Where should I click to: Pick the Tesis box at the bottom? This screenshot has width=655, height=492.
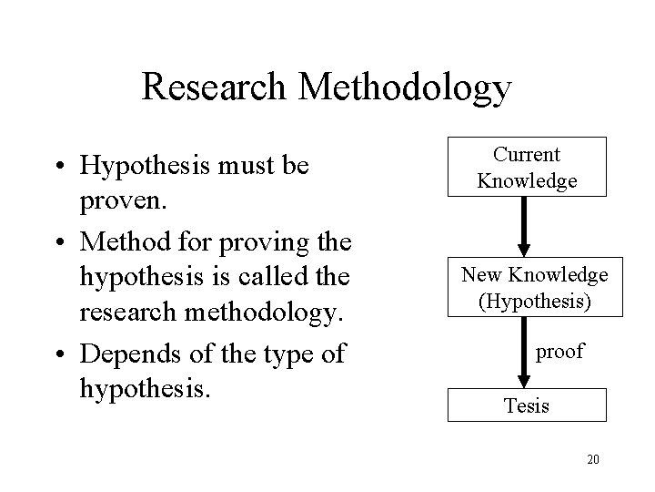pyautogui.click(x=527, y=405)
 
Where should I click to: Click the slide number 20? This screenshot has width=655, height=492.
pyautogui.click(x=592, y=458)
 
